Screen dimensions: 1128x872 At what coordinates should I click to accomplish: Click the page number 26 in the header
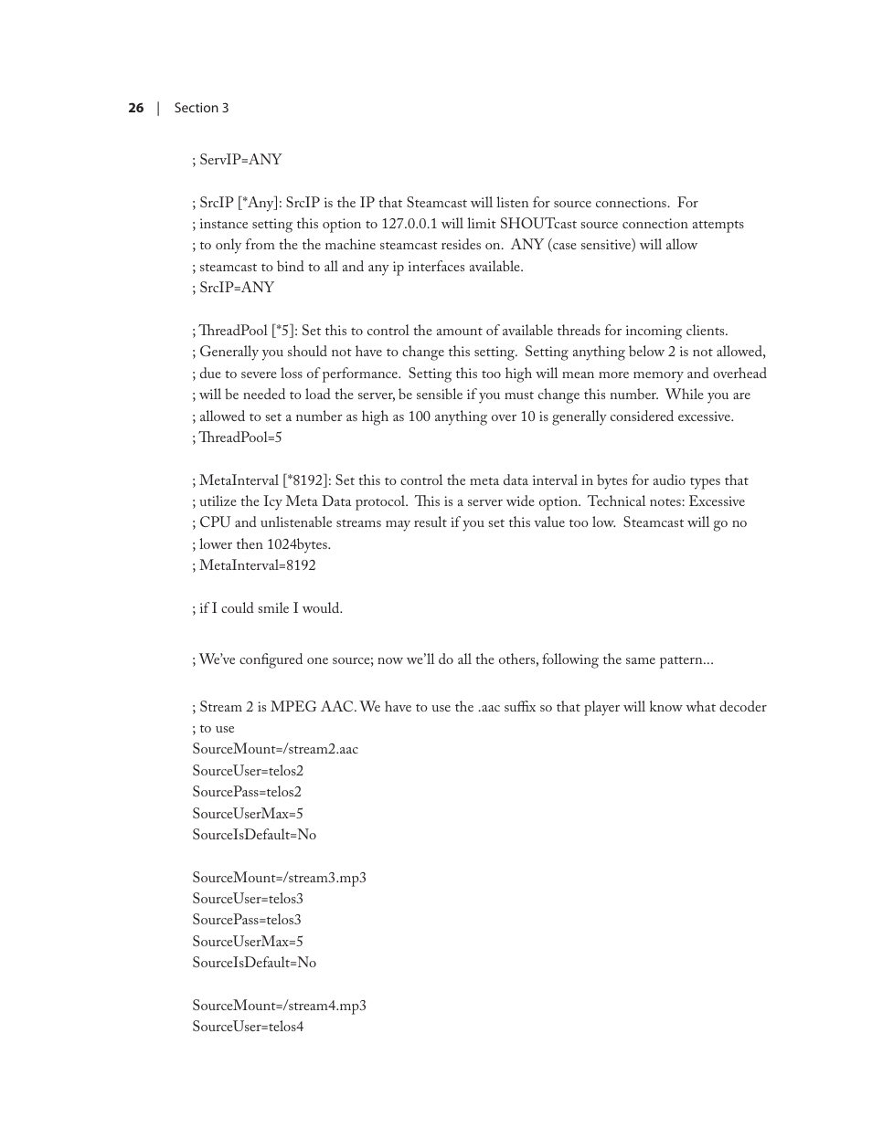[135, 108]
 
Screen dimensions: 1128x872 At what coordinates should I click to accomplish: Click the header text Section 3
[201, 108]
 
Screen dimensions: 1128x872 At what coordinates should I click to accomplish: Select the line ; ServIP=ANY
[237, 160]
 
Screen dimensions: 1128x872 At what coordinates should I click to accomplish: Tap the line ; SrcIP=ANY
[233, 288]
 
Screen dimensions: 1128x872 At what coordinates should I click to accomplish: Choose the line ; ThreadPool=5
[237, 437]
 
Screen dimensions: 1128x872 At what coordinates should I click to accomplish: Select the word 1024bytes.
[297, 544]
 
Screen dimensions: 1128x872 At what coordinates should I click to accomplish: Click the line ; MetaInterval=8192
[254, 565]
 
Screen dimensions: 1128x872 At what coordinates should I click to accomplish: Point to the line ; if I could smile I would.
[267, 608]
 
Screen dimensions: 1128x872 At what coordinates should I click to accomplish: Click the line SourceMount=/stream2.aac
[275, 749]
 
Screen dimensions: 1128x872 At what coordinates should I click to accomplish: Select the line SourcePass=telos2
[247, 792]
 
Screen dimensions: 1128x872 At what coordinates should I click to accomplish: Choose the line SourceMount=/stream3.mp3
[279, 878]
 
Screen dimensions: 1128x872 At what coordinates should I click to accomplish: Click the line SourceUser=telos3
[248, 899]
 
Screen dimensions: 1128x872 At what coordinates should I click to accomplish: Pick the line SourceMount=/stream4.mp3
[279, 1006]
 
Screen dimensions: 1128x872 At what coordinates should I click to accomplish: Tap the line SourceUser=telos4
[248, 1027]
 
